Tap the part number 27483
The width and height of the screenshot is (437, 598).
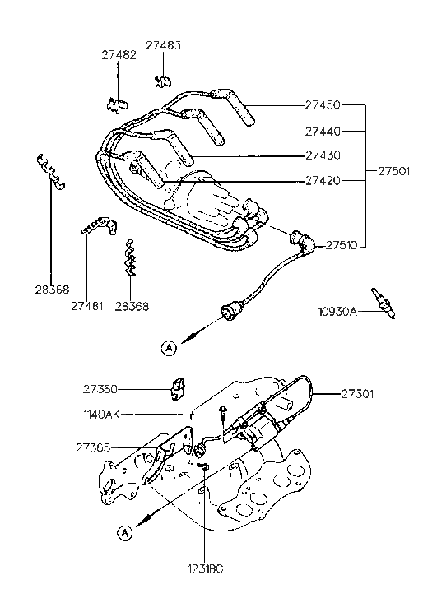click(x=164, y=45)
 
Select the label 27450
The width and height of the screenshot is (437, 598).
click(x=323, y=106)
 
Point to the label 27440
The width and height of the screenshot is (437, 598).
click(x=323, y=131)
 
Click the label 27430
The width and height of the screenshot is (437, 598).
click(x=323, y=155)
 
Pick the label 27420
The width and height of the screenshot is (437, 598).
click(x=323, y=180)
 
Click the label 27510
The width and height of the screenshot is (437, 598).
click(x=342, y=245)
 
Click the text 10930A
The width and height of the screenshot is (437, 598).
click(x=338, y=312)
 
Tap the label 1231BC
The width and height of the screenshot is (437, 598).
click(x=203, y=568)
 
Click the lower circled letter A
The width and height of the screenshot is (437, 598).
click(x=124, y=533)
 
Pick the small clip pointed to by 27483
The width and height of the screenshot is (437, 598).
click(x=163, y=81)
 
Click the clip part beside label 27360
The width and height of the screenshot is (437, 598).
click(x=177, y=386)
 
